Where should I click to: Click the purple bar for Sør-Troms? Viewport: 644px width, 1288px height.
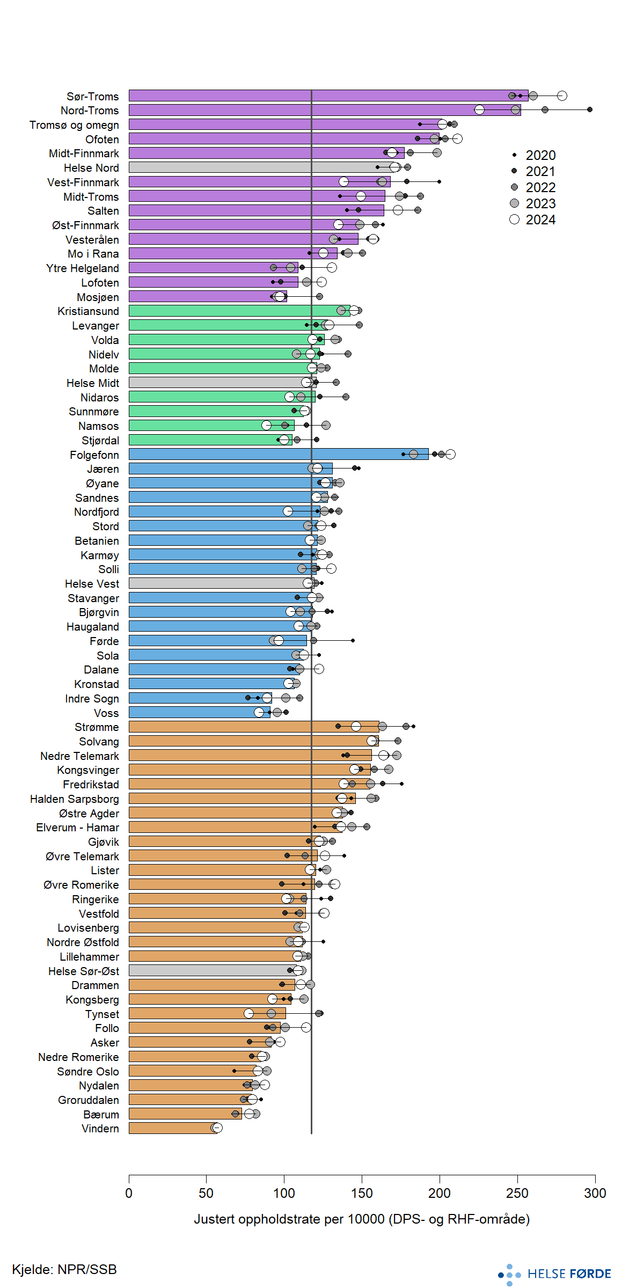click(x=322, y=96)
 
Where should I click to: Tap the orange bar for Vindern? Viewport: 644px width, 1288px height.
click(x=172, y=1128)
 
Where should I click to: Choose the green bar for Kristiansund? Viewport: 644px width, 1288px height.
click(x=236, y=310)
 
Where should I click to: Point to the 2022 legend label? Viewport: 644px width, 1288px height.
click(x=540, y=187)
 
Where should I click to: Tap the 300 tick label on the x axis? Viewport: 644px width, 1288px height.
click(x=595, y=1193)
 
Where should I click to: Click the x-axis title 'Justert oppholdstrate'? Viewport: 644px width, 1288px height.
click(x=362, y=1219)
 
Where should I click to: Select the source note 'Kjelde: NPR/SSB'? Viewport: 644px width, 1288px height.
click(x=64, y=1269)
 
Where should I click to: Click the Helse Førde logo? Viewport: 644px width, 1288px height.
click(x=555, y=1274)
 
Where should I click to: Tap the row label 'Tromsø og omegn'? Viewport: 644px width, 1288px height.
click(x=74, y=125)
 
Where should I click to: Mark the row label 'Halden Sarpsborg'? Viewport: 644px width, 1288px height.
click(x=75, y=799)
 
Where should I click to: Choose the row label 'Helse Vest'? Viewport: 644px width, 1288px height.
click(x=92, y=583)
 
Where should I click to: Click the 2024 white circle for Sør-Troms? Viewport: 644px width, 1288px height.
click(x=562, y=96)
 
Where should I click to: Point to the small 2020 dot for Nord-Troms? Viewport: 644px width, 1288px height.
click(x=590, y=109)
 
